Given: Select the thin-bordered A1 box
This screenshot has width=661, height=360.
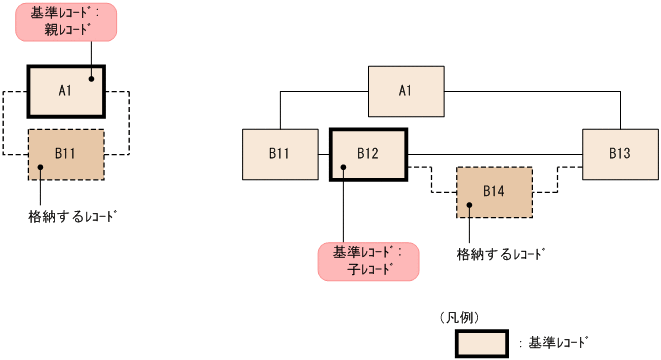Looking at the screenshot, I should pyautogui.click(x=406, y=91).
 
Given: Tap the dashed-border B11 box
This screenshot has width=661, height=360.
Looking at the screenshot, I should pyautogui.click(x=66, y=154).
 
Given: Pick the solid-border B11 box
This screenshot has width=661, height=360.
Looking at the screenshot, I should pyautogui.click(x=280, y=154).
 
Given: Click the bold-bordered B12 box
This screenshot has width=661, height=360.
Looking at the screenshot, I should pyautogui.click(x=368, y=154).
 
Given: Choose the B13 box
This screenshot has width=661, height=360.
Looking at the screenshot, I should pyautogui.click(x=620, y=154).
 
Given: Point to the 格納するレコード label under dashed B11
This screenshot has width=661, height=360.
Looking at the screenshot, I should pyautogui.click(x=67, y=214).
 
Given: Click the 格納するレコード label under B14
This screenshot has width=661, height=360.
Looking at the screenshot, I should pyautogui.click(x=502, y=254).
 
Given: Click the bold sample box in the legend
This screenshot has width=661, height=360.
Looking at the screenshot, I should pyautogui.click(x=483, y=341).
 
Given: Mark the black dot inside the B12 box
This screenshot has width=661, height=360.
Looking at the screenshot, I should pyautogui.click(x=343, y=168).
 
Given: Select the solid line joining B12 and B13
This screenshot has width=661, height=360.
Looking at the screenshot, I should pyautogui.click(x=495, y=154).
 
